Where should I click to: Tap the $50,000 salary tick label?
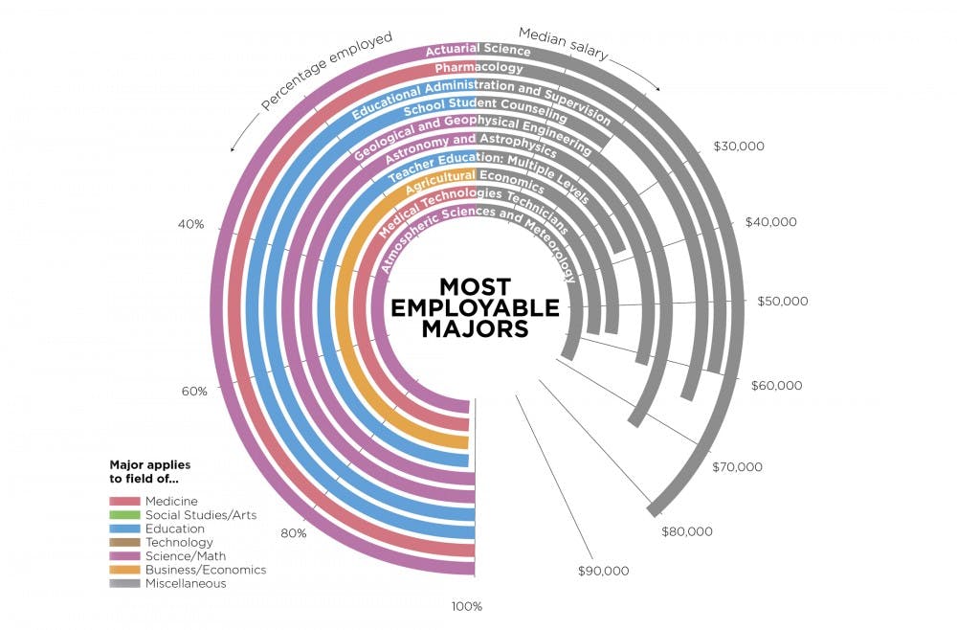click(x=782, y=301)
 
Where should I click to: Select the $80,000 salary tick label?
click(x=687, y=530)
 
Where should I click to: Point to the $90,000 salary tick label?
click(x=603, y=571)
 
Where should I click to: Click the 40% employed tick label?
click(x=191, y=225)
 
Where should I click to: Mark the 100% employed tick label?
click(x=468, y=606)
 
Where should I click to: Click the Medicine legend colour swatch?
click(x=124, y=501)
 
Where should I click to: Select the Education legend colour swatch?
click(x=124, y=529)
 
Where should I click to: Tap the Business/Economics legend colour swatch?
click(x=124, y=570)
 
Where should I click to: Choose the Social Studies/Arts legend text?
click(x=189, y=515)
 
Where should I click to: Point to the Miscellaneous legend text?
click(x=186, y=583)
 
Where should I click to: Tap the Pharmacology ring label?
click(x=478, y=69)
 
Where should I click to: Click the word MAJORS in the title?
click(x=475, y=328)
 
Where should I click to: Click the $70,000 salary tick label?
click(x=738, y=467)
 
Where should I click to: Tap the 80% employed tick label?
click(x=293, y=532)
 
